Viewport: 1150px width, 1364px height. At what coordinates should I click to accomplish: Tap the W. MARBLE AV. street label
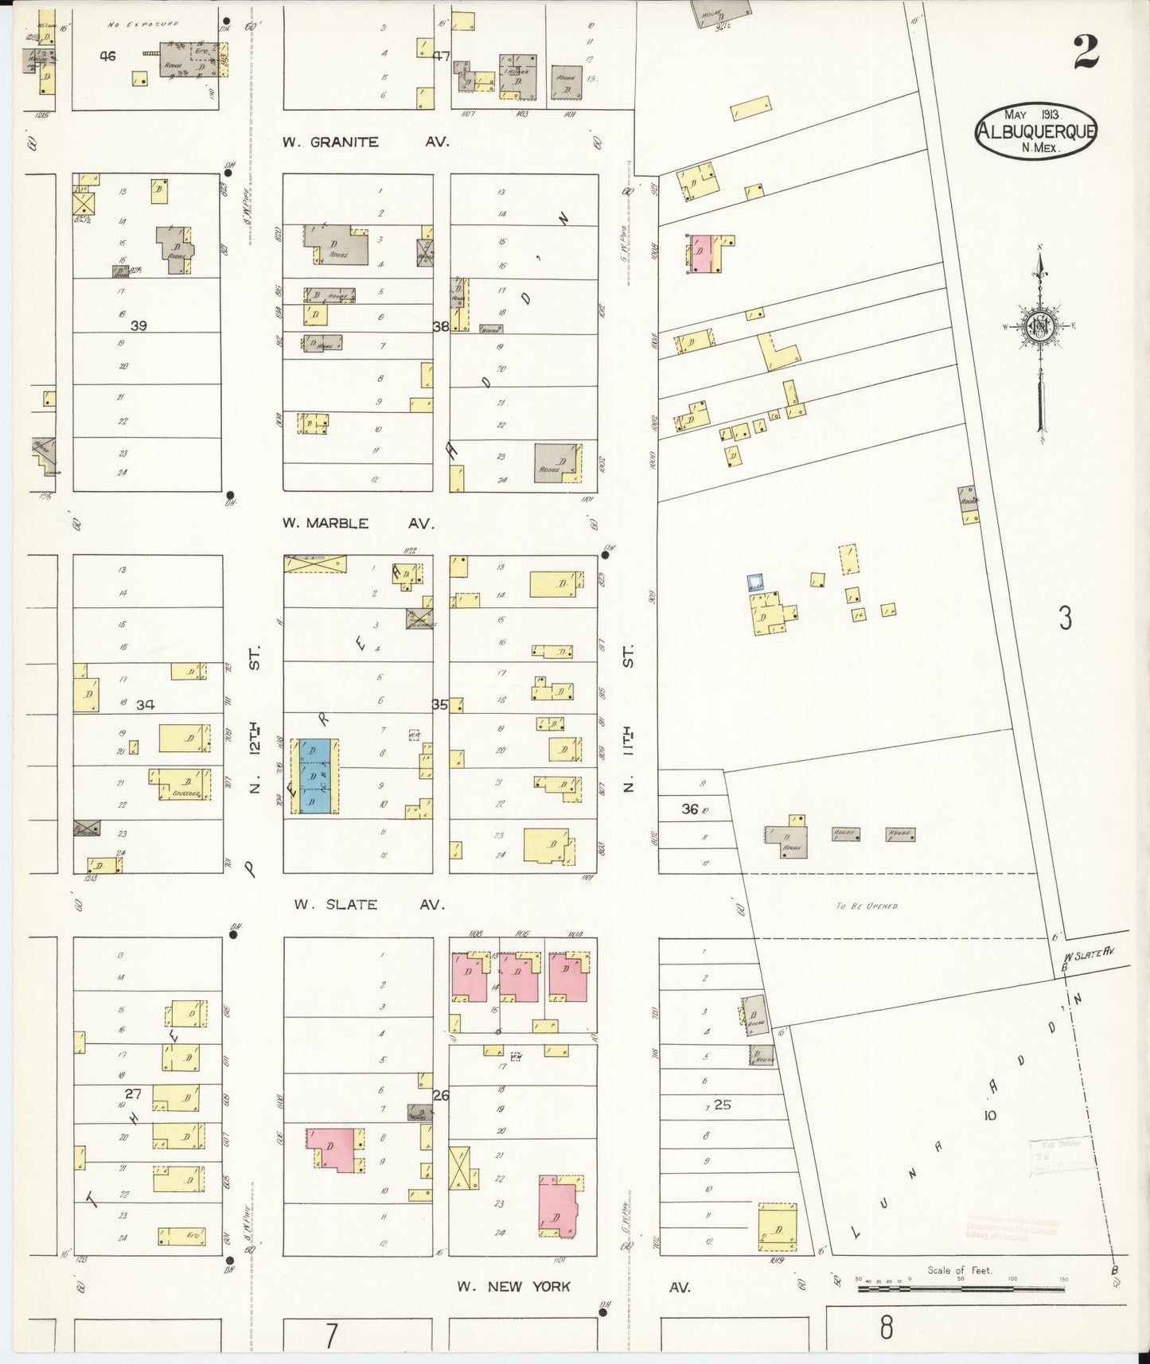coord(358,524)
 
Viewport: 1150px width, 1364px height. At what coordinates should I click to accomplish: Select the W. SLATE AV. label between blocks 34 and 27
coord(368,905)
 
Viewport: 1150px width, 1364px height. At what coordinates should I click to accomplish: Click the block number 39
coord(138,325)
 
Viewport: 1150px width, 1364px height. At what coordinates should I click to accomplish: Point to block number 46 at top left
coord(108,56)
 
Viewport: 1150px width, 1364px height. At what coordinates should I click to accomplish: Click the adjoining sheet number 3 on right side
coord(1065,618)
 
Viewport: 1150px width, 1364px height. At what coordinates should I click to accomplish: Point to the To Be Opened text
coord(867,906)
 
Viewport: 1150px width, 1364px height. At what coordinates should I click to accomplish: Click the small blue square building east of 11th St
coord(755,583)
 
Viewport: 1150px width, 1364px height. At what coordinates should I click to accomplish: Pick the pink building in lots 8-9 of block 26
coord(336,1149)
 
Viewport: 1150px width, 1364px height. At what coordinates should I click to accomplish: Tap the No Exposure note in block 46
coord(142,25)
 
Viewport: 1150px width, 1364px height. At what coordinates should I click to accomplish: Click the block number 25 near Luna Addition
coord(723,1105)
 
